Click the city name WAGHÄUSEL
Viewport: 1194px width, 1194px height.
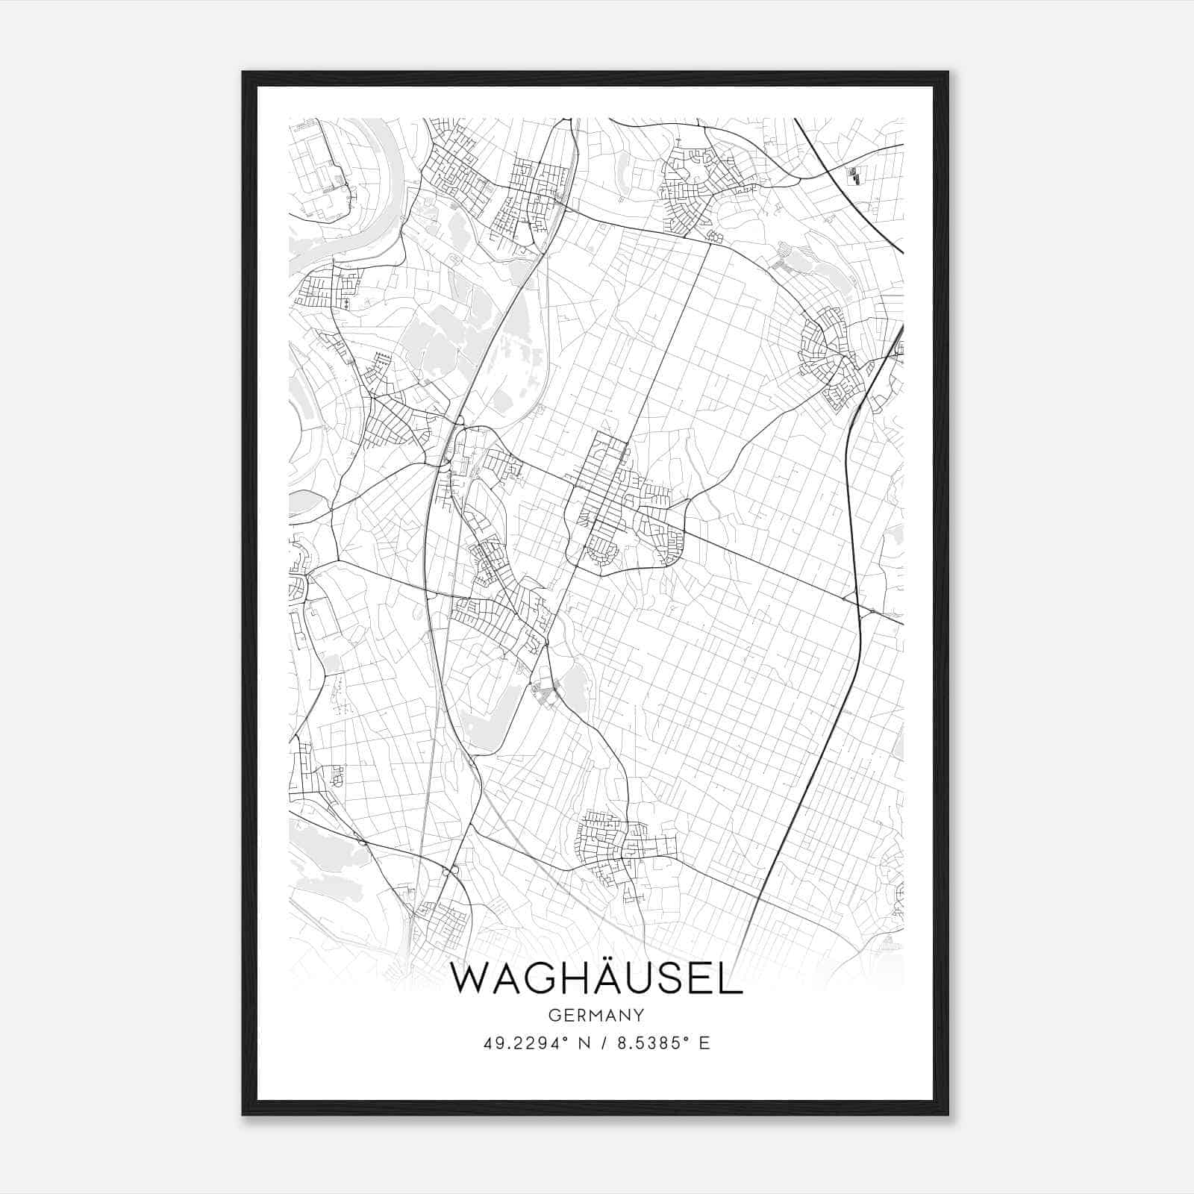597,980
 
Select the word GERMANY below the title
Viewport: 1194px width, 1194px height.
596,1016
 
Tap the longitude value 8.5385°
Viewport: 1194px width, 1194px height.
648,1043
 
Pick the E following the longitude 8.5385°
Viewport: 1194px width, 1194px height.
704,1043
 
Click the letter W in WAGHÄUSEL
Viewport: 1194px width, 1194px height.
470,980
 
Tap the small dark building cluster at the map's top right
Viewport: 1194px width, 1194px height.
853,176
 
